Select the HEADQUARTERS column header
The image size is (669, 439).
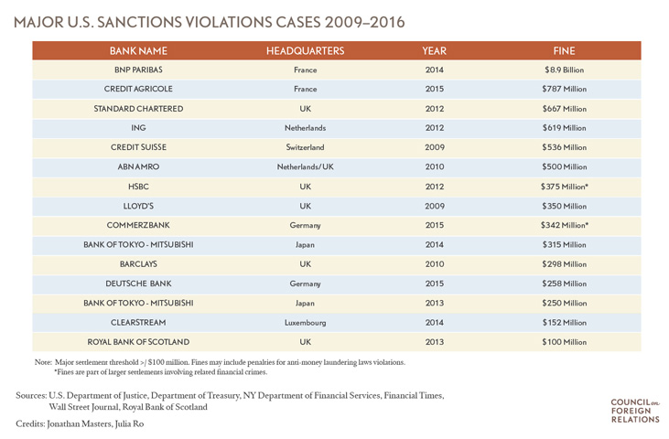pos(305,50)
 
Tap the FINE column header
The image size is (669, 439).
pos(564,50)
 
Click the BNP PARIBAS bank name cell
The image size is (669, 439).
pos(138,70)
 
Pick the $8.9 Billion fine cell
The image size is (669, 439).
pos(564,70)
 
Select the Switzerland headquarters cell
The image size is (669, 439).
pos(305,147)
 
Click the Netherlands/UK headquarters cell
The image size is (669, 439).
pos(305,166)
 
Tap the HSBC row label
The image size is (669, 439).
pos(138,186)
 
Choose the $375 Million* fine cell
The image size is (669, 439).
pos(564,186)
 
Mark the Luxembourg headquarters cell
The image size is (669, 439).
pos(305,322)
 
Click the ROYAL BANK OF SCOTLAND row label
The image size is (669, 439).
pos(138,341)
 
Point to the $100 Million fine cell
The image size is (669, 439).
pos(564,341)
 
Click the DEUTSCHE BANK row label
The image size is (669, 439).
pos(138,284)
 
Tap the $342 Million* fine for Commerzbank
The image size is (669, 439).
pos(564,225)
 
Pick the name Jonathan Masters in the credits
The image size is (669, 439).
pos(92,424)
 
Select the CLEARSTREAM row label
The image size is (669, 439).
pos(138,322)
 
